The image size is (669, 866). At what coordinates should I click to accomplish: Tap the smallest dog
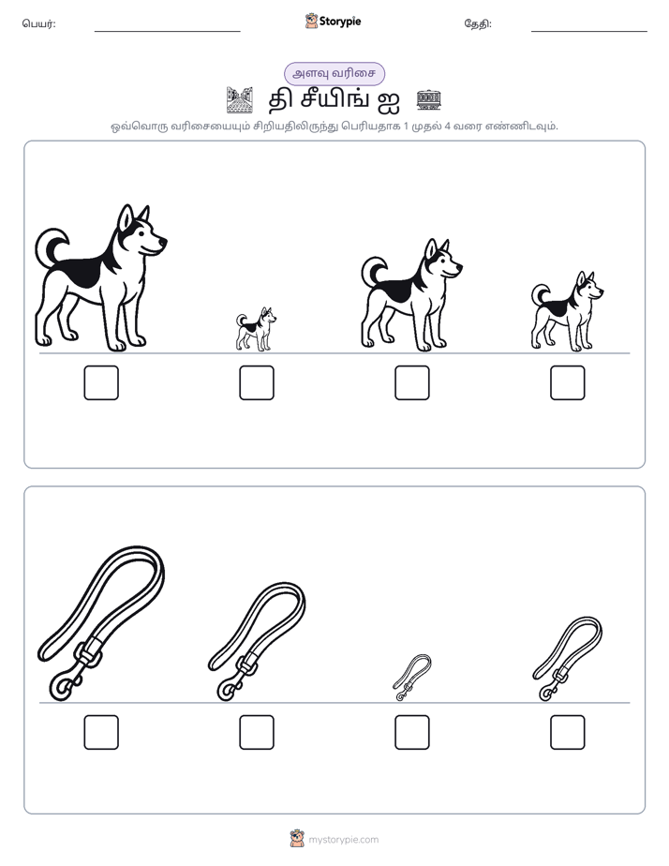(256, 330)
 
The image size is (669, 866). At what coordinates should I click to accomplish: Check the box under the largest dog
(101, 382)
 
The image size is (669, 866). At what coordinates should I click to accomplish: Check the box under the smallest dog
(257, 382)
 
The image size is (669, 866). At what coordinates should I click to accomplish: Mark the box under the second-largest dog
(411, 382)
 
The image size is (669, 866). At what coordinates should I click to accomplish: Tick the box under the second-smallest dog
(568, 382)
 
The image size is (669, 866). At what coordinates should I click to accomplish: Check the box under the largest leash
(101, 732)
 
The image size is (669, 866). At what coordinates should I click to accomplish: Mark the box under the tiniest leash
(411, 732)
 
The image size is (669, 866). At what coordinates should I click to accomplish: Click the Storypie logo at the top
(333, 22)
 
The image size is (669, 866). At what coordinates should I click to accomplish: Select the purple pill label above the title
(334, 73)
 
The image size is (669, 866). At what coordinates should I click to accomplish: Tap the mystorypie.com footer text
(343, 840)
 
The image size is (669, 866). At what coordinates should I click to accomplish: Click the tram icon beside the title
(429, 99)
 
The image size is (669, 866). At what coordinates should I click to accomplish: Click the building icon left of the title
(240, 100)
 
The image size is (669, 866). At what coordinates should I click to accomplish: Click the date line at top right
(589, 32)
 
